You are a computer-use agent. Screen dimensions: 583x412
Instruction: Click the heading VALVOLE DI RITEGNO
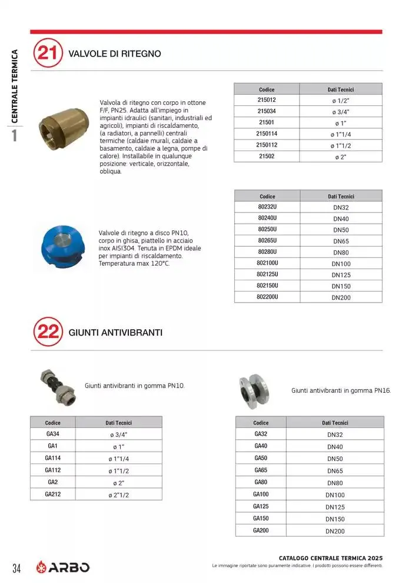[115, 54]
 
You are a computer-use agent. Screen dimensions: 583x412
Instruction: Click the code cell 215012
[267, 100]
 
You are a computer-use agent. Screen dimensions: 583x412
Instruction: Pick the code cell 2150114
[267, 134]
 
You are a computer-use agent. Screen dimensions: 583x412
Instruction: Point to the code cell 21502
[267, 156]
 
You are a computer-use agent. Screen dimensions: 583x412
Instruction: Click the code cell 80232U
[267, 207]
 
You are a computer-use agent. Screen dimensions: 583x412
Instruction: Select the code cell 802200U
[267, 297]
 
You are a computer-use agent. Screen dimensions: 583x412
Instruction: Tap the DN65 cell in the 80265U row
[341, 241]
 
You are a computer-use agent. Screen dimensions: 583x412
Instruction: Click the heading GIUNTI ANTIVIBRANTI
[115, 333]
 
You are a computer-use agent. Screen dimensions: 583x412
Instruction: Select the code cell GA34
[52, 434]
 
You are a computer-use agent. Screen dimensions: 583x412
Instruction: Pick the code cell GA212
[52, 494]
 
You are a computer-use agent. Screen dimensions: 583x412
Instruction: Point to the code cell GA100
[261, 494]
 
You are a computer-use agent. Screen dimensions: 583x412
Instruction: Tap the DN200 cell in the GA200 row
[335, 531]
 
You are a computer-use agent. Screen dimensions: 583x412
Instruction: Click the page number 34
[16, 568]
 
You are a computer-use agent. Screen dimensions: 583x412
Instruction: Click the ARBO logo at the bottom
[63, 567]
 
